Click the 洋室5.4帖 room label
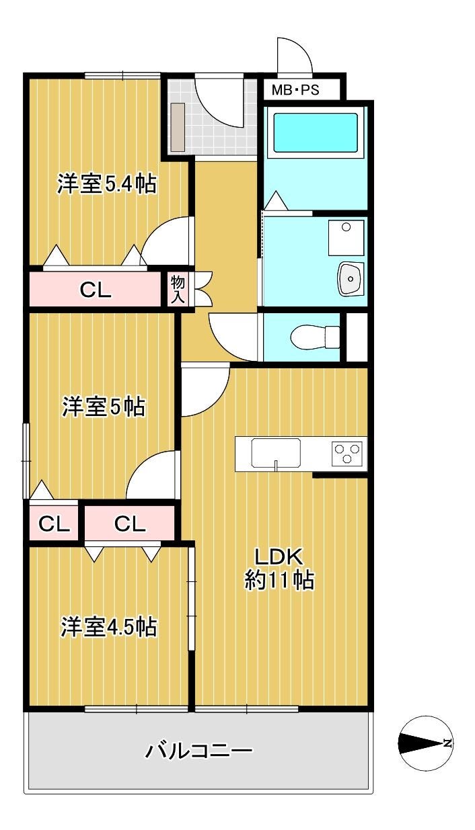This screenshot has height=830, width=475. [106, 183]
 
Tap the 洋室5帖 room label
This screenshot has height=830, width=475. [104, 406]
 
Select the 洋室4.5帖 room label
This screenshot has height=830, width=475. [108, 626]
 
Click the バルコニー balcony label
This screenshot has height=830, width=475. [198, 751]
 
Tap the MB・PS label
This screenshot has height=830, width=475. [295, 90]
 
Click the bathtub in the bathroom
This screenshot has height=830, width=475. [316, 132]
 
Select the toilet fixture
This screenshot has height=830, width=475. [315, 337]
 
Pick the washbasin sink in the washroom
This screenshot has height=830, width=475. [351, 279]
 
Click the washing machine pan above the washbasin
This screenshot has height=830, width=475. [346, 237]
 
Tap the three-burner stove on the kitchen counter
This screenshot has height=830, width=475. [347, 453]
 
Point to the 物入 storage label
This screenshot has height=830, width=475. [178, 290]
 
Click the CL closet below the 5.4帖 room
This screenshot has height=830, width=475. [96, 290]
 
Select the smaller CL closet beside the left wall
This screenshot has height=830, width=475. [54, 524]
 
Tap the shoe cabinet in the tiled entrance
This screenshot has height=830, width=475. [178, 127]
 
